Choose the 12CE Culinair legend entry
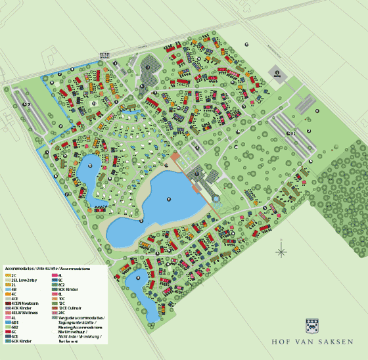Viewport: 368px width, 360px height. (73, 307)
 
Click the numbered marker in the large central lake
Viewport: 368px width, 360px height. (169, 198)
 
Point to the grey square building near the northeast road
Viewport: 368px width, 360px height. (277, 74)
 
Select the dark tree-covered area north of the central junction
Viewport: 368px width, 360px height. (149, 68)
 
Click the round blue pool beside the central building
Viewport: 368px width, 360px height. (216, 196)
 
